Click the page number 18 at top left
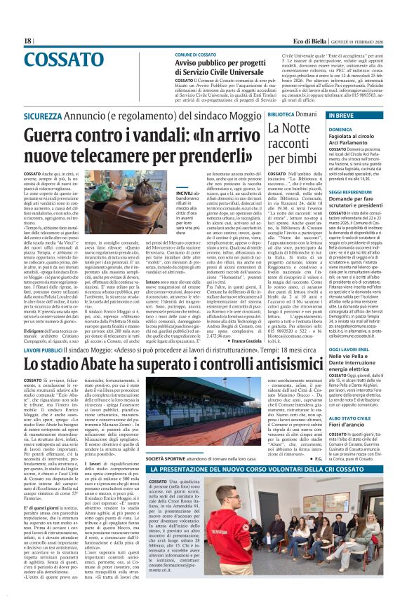(28, 41)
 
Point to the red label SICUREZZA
(42, 114)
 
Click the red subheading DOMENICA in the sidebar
(340, 129)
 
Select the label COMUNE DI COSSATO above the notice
(196, 54)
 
